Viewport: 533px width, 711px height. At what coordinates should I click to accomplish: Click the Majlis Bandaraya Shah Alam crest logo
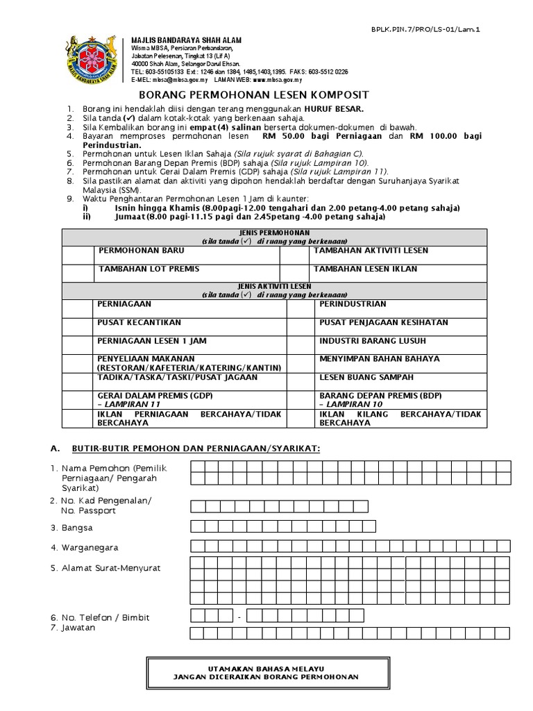pyautogui.click(x=95, y=61)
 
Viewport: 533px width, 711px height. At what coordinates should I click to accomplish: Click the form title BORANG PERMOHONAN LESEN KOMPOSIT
pyautogui.click(x=254, y=94)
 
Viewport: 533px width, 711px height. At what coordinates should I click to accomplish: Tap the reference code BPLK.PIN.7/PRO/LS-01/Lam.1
pyautogui.click(x=430, y=29)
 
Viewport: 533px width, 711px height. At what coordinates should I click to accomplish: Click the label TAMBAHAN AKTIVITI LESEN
pyautogui.click(x=371, y=251)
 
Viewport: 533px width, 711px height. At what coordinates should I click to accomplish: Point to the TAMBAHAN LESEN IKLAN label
pyautogui.click(x=365, y=269)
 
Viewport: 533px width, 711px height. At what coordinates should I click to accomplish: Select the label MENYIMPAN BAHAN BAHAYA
pyautogui.click(x=379, y=359)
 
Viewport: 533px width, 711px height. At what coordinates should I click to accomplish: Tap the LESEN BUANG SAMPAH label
pyautogui.click(x=366, y=377)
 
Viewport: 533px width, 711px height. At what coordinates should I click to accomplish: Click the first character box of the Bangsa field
pyautogui.click(x=197, y=527)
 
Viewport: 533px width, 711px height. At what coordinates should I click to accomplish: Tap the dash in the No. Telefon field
pyautogui.click(x=239, y=617)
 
